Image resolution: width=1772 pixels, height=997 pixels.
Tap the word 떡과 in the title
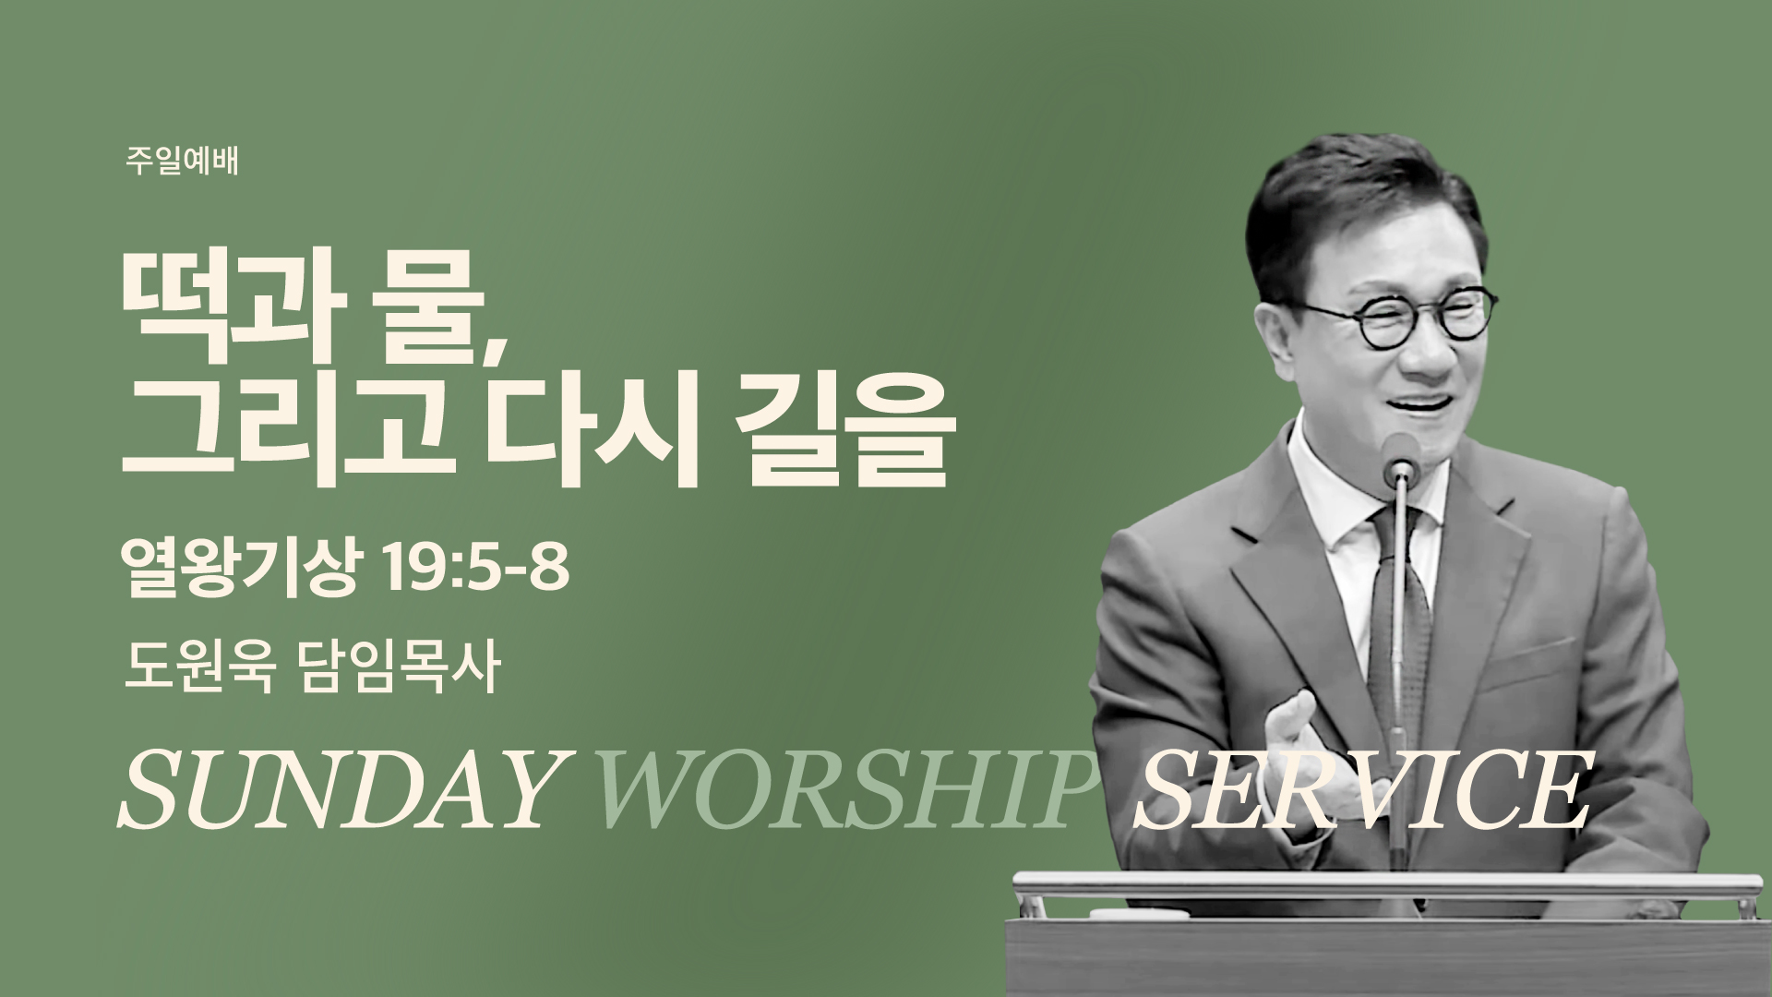click(226, 293)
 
